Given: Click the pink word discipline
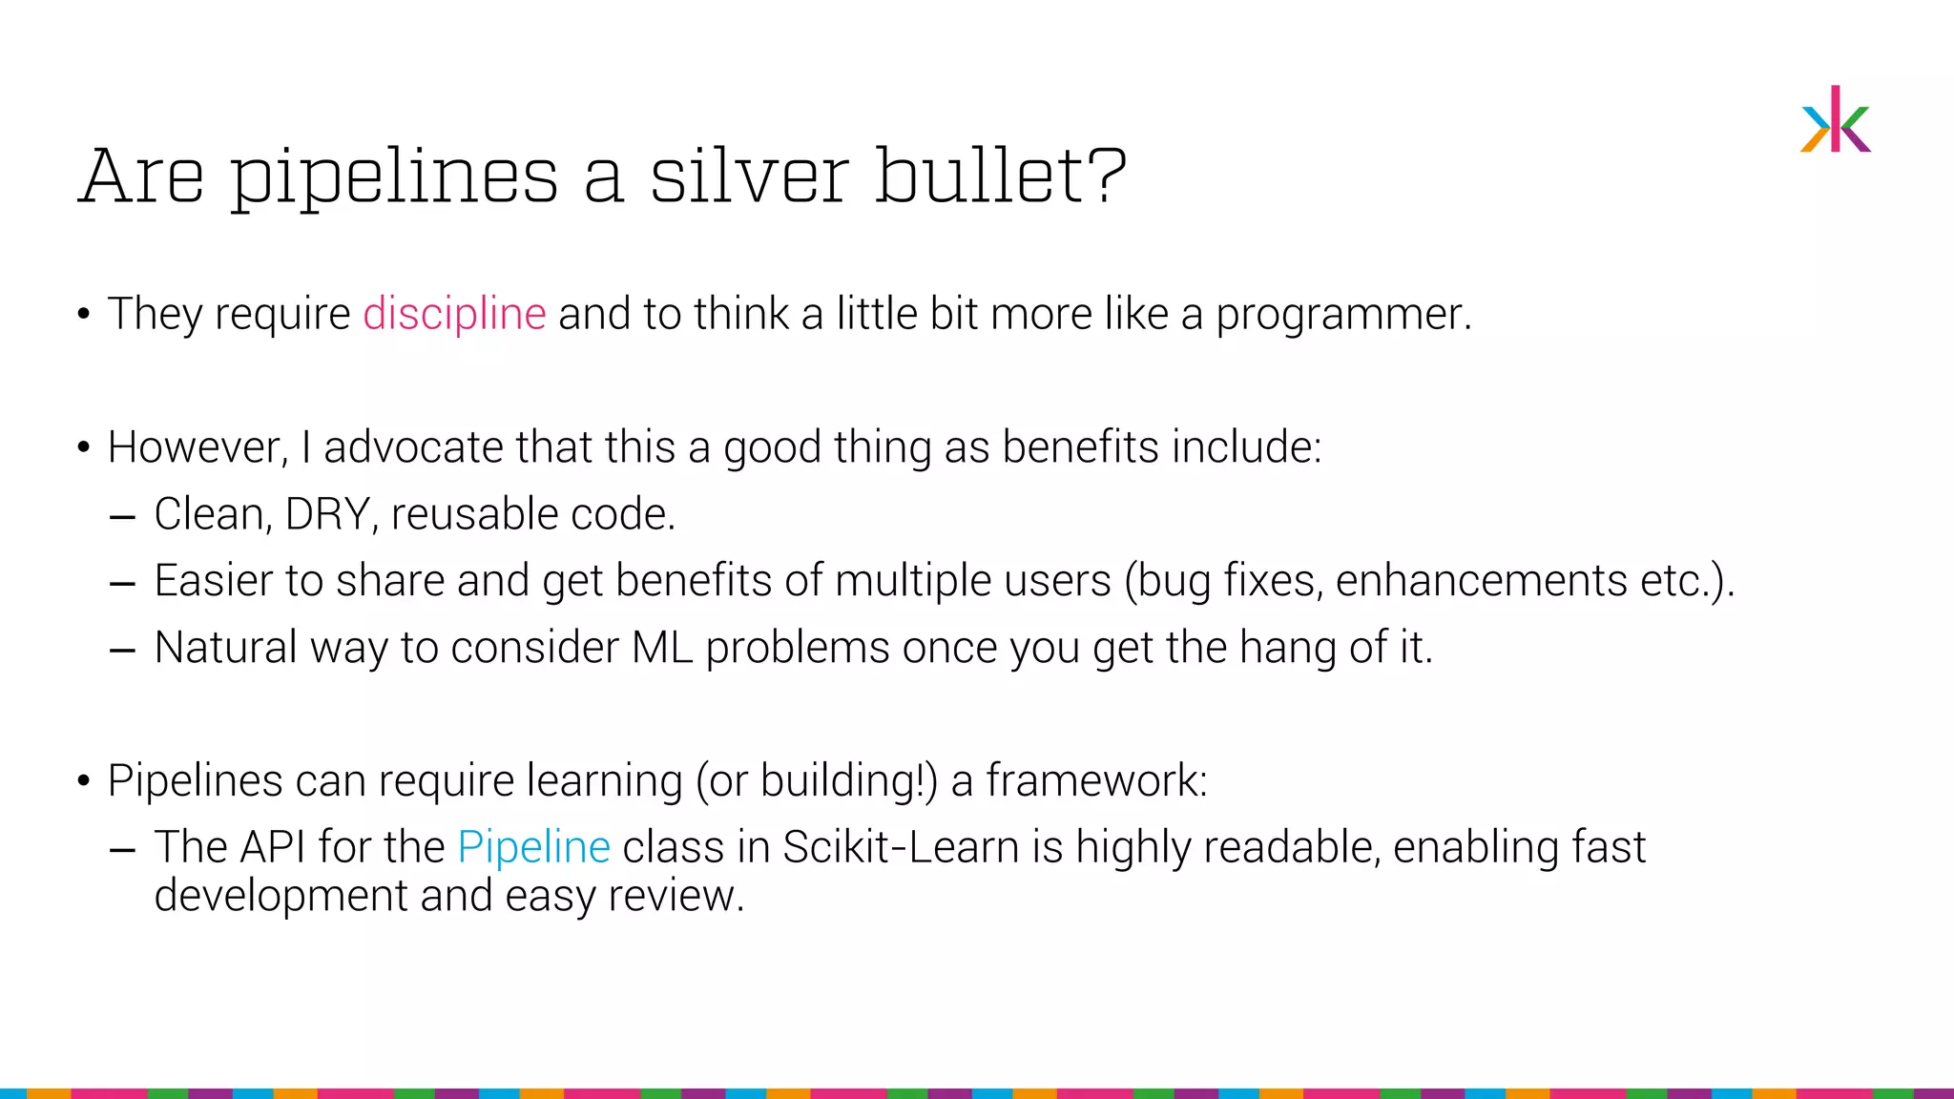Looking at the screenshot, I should (x=454, y=314).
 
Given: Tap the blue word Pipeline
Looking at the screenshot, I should (x=533, y=847).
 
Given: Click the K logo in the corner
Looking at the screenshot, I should (x=1836, y=120).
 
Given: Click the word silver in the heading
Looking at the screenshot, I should (x=749, y=177).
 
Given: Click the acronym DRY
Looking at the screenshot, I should (x=327, y=514).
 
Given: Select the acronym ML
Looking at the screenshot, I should (x=661, y=648).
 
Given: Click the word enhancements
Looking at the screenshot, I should (x=1482, y=581).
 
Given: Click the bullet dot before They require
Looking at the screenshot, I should (x=84, y=314).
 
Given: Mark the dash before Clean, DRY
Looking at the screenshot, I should (x=122, y=517).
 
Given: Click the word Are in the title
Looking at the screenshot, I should (x=142, y=177).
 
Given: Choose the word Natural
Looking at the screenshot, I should (x=225, y=648).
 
